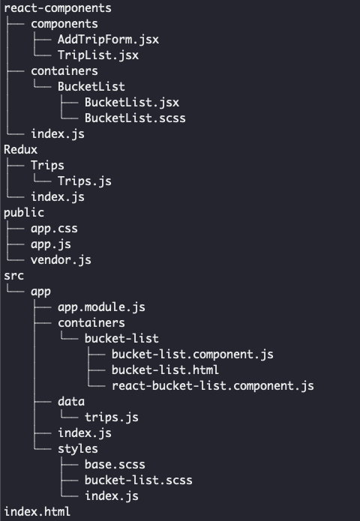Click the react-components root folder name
(x=58, y=8)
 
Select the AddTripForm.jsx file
(x=108, y=40)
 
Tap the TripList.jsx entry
(x=98, y=55)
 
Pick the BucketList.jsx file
(x=132, y=103)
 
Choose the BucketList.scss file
(x=135, y=118)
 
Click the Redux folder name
(x=20, y=149)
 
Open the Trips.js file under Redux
(x=85, y=181)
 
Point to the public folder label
(x=24, y=213)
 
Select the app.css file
(x=54, y=229)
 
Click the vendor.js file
(x=61, y=260)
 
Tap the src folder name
(x=14, y=276)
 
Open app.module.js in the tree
(x=101, y=307)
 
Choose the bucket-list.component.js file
(x=193, y=354)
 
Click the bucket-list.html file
(x=165, y=370)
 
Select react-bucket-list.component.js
(x=213, y=386)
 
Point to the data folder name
(x=71, y=401)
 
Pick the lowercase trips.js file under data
(x=111, y=418)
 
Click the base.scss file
(x=115, y=465)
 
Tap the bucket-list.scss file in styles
(x=138, y=480)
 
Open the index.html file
(x=37, y=512)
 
